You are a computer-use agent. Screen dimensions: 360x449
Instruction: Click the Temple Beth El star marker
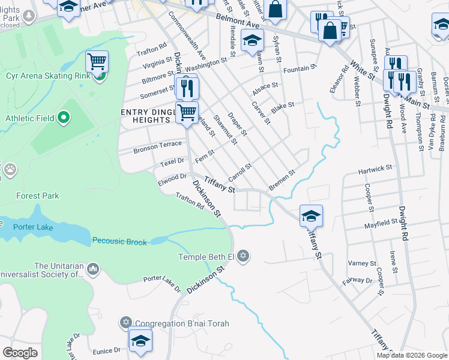point(243,257)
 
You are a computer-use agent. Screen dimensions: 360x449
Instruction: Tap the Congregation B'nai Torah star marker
point(125,323)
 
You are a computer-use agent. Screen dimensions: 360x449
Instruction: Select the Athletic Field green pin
point(64,118)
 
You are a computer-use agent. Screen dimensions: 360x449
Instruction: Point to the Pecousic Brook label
point(119,241)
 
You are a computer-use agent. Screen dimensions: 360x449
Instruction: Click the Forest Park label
point(38,196)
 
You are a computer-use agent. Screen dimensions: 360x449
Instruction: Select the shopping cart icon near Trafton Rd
point(97,61)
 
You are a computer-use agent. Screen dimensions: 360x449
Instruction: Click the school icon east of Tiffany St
point(311,215)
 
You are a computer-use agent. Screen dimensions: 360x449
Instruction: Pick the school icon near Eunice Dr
point(140,340)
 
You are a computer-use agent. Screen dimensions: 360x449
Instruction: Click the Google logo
point(20,353)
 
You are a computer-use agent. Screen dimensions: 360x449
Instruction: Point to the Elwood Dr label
point(172,178)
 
